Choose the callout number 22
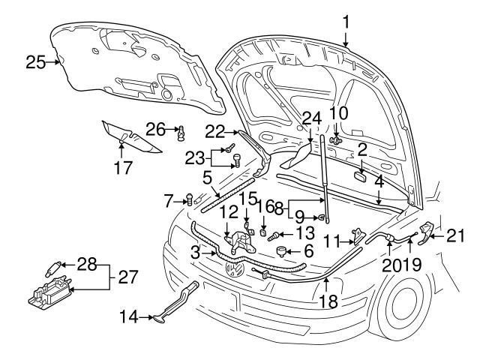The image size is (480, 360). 215,132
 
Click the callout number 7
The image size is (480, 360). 169,199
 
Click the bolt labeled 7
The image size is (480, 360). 189,200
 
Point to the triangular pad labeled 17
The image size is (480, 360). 136,136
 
